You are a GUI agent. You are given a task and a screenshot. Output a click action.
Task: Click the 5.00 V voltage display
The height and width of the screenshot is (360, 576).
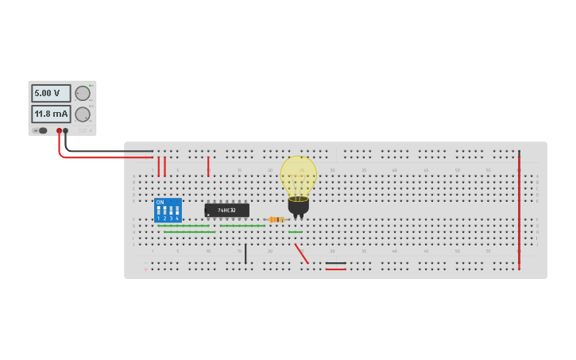(51, 93)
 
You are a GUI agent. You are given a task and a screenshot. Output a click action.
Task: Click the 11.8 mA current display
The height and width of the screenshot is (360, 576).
(51, 114)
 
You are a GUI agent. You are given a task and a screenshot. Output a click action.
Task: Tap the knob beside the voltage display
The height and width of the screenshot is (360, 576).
(83, 93)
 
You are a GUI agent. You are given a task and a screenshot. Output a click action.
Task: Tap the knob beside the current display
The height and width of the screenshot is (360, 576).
(83, 114)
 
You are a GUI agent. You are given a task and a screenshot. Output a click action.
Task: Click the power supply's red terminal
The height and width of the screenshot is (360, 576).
(59, 130)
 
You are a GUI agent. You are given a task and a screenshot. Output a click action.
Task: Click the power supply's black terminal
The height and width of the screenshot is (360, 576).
(66, 130)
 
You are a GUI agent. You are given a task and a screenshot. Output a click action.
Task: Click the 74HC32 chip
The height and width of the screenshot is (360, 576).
(226, 211)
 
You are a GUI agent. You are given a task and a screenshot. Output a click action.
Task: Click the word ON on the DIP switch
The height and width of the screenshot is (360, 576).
(160, 203)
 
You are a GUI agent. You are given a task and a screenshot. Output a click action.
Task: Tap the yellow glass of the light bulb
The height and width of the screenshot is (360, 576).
(298, 175)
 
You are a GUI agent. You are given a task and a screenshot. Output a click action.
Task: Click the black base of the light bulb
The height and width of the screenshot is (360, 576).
(298, 206)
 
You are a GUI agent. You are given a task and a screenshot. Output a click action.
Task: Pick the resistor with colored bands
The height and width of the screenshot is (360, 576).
(276, 219)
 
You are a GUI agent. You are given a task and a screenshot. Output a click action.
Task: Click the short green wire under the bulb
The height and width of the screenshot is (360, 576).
(296, 232)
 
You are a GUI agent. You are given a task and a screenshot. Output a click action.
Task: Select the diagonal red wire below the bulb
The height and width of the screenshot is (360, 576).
(301, 254)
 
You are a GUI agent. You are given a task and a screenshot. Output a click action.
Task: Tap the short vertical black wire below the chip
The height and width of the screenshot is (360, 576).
(245, 254)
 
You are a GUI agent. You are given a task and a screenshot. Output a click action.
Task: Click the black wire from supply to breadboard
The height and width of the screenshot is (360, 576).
(111, 150)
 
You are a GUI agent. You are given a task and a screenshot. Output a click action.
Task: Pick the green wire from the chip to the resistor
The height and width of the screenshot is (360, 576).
(242, 226)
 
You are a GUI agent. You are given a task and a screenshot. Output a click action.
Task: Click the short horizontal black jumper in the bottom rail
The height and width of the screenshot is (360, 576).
(335, 263)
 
